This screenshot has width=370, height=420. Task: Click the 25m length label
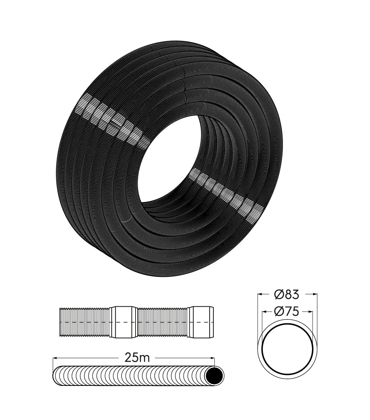(137, 357)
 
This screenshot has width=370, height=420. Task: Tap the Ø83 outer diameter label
(287, 294)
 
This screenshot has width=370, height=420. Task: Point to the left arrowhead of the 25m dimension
(55, 357)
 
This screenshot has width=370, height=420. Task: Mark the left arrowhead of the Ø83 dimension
(260, 294)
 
